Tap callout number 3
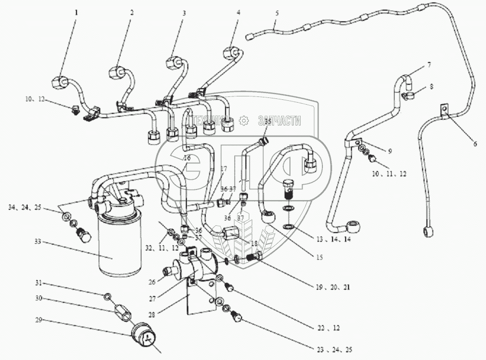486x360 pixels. [183, 14]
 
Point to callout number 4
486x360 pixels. [238, 14]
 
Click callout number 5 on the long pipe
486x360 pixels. [276, 13]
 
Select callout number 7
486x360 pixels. [428, 64]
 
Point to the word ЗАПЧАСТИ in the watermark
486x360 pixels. [280, 121]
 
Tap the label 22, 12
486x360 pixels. [330, 328]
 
